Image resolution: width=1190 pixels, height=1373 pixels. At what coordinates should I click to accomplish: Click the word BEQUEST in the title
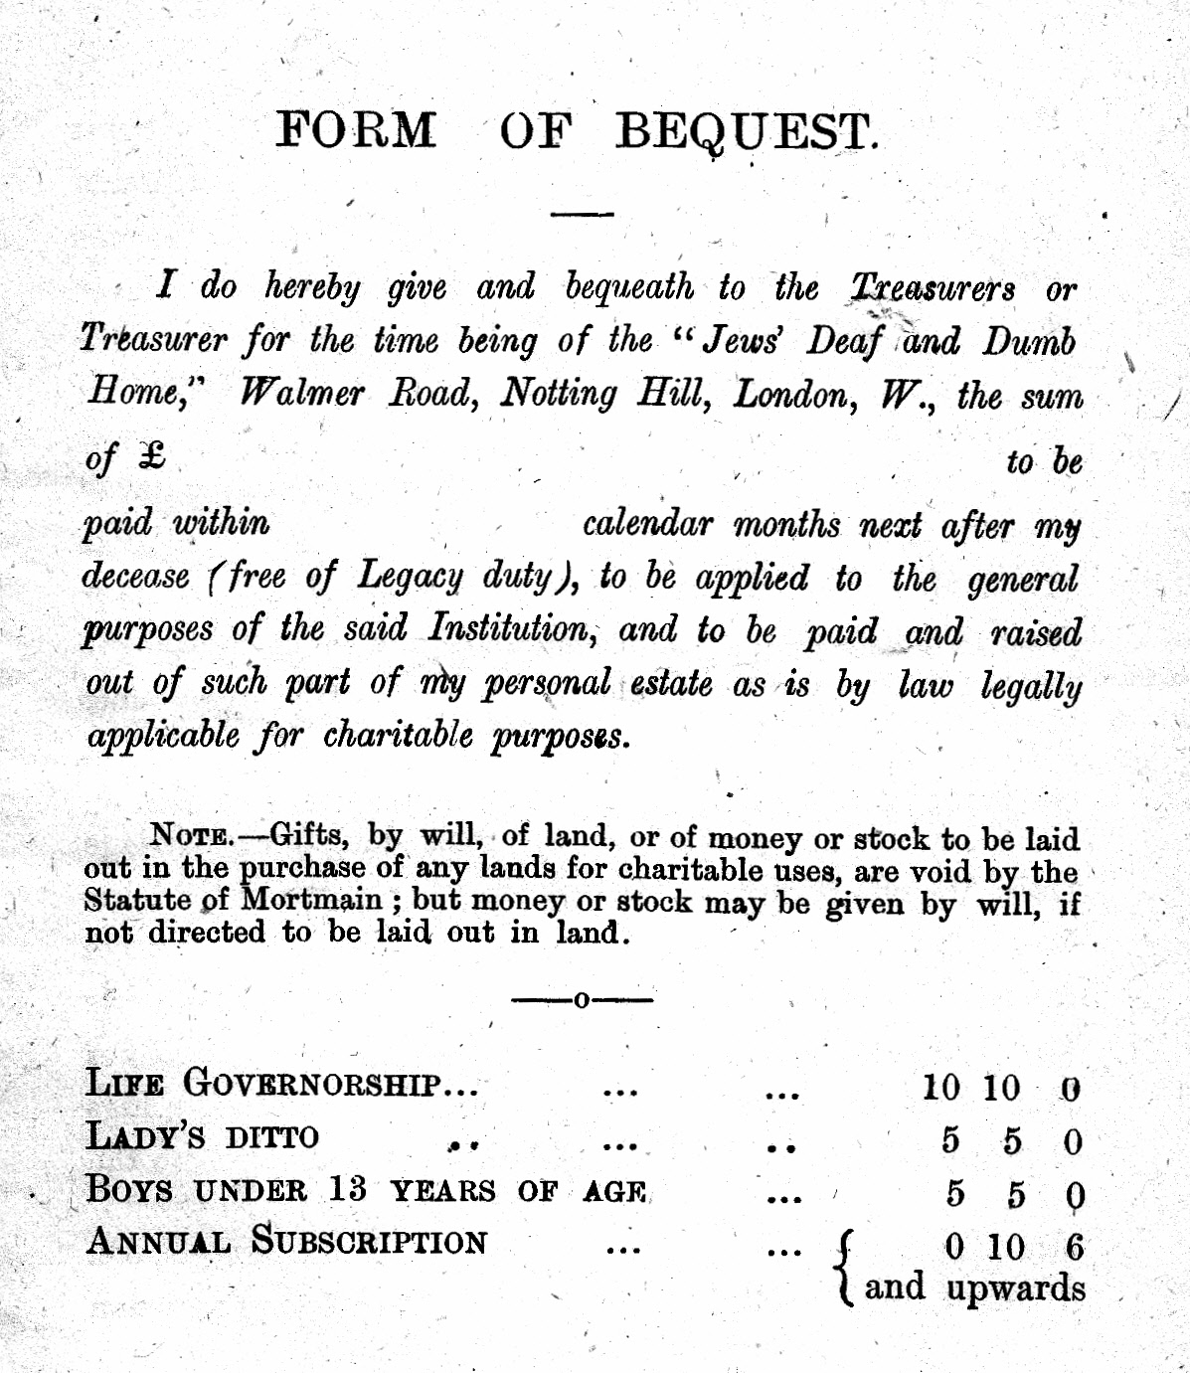click(746, 131)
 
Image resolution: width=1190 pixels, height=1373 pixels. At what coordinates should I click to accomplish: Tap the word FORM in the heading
click(355, 130)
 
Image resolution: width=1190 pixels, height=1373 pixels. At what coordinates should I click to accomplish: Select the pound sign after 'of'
click(152, 456)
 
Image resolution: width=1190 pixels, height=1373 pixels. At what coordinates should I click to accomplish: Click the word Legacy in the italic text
click(410, 576)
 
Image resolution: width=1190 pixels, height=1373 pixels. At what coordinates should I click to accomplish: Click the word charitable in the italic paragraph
click(398, 736)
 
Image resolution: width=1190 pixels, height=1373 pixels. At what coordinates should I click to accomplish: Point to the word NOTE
click(191, 834)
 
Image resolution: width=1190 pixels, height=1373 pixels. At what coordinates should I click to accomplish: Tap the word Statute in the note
click(138, 900)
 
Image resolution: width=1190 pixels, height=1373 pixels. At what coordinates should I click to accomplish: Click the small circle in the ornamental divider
click(582, 999)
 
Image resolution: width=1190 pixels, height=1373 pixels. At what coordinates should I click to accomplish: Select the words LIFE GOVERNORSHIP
click(281, 1084)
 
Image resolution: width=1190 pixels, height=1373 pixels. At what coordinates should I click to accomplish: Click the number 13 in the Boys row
click(346, 1189)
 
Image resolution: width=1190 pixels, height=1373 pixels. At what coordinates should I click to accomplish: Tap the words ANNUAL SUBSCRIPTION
click(286, 1242)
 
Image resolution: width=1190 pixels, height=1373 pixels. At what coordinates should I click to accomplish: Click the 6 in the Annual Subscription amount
click(1074, 1247)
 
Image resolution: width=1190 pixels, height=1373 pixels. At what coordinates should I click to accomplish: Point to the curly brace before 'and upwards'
click(845, 1268)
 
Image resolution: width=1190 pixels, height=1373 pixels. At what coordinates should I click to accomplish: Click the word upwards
click(1015, 1288)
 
